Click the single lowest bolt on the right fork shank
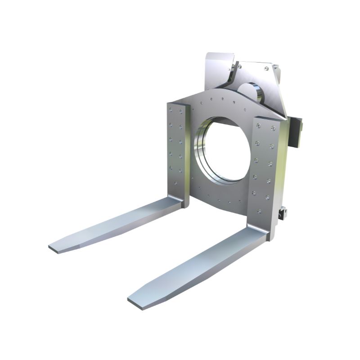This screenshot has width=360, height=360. [259, 211]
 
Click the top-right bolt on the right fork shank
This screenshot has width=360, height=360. [273, 129]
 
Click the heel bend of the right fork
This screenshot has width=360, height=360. [261, 232]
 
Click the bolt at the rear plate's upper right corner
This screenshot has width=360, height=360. [266, 68]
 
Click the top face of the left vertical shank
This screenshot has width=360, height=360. [176, 105]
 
